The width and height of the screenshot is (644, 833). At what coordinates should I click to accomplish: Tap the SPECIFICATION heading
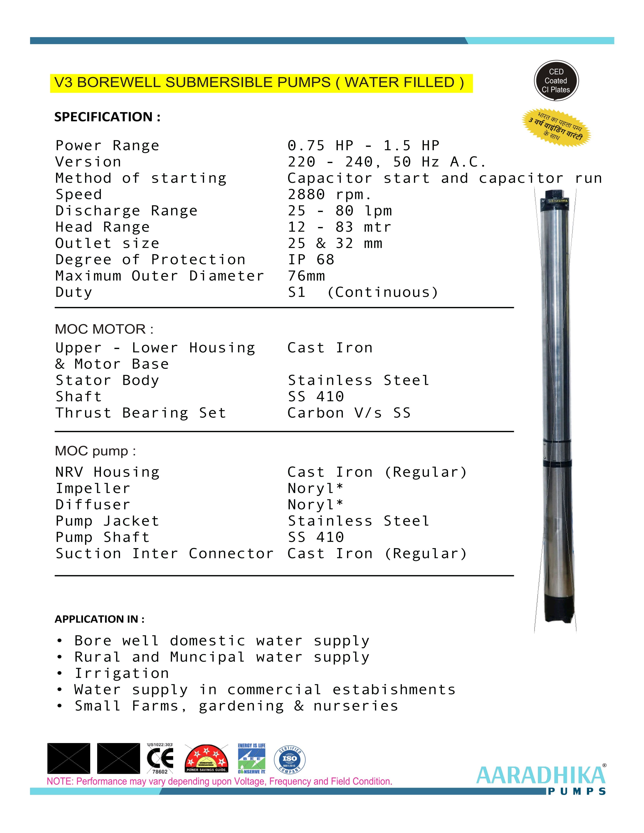(107, 117)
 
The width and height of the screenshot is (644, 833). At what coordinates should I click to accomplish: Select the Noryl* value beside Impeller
(315, 488)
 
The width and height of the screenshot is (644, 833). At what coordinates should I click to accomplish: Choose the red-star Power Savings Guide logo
(206, 759)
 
